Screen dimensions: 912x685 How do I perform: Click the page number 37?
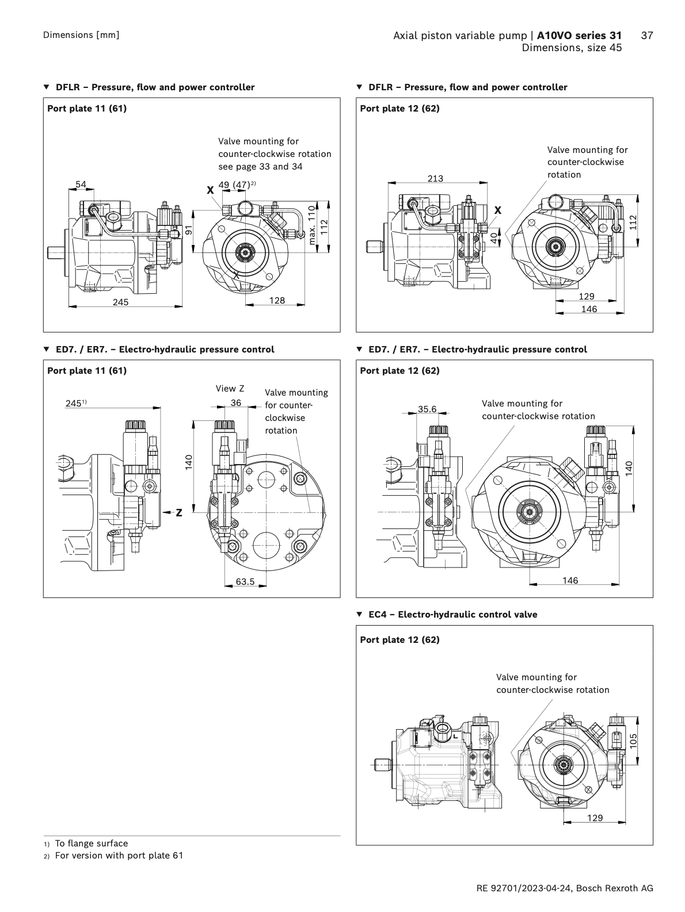click(646, 36)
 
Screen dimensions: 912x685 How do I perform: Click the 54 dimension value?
click(81, 185)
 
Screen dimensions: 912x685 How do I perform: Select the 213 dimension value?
click(435, 179)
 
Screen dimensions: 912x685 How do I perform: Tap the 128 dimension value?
click(277, 300)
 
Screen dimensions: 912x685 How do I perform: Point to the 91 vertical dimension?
click(188, 230)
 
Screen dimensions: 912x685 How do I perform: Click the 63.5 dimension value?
click(245, 582)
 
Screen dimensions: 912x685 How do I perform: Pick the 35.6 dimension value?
click(427, 409)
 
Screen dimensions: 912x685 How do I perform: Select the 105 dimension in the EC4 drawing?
click(633, 741)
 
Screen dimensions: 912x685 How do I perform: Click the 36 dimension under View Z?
click(236, 403)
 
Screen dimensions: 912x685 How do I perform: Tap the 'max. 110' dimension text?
click(313, 225)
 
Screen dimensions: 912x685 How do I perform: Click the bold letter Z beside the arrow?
click(179, 513)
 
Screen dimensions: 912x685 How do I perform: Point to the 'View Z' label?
click(230, 389)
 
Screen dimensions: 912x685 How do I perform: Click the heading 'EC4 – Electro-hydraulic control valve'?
click(452, 615)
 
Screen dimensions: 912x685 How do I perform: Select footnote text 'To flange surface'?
click(92, 844)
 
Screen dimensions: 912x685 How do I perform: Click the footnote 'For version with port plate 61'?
click(119, 856)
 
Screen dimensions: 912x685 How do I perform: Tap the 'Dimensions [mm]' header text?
click(81, 35)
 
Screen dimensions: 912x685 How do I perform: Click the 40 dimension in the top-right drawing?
click(494, 237)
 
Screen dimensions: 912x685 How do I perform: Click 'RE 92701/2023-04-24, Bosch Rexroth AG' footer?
click(565, 888)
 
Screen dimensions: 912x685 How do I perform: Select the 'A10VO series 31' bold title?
click(579, 36)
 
